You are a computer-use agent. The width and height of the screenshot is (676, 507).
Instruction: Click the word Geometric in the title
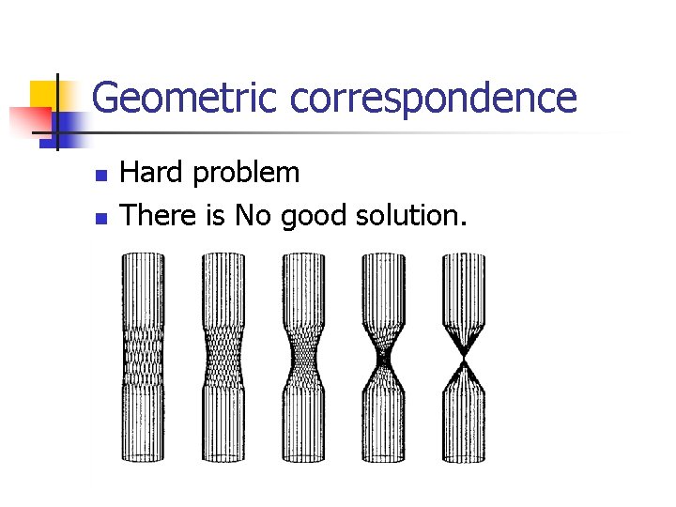point(186,98)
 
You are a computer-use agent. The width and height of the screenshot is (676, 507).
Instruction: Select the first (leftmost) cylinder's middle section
point(143,357)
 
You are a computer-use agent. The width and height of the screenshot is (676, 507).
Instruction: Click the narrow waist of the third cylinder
point(304,358)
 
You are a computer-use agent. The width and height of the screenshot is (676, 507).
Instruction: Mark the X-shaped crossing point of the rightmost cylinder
point(463,358)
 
